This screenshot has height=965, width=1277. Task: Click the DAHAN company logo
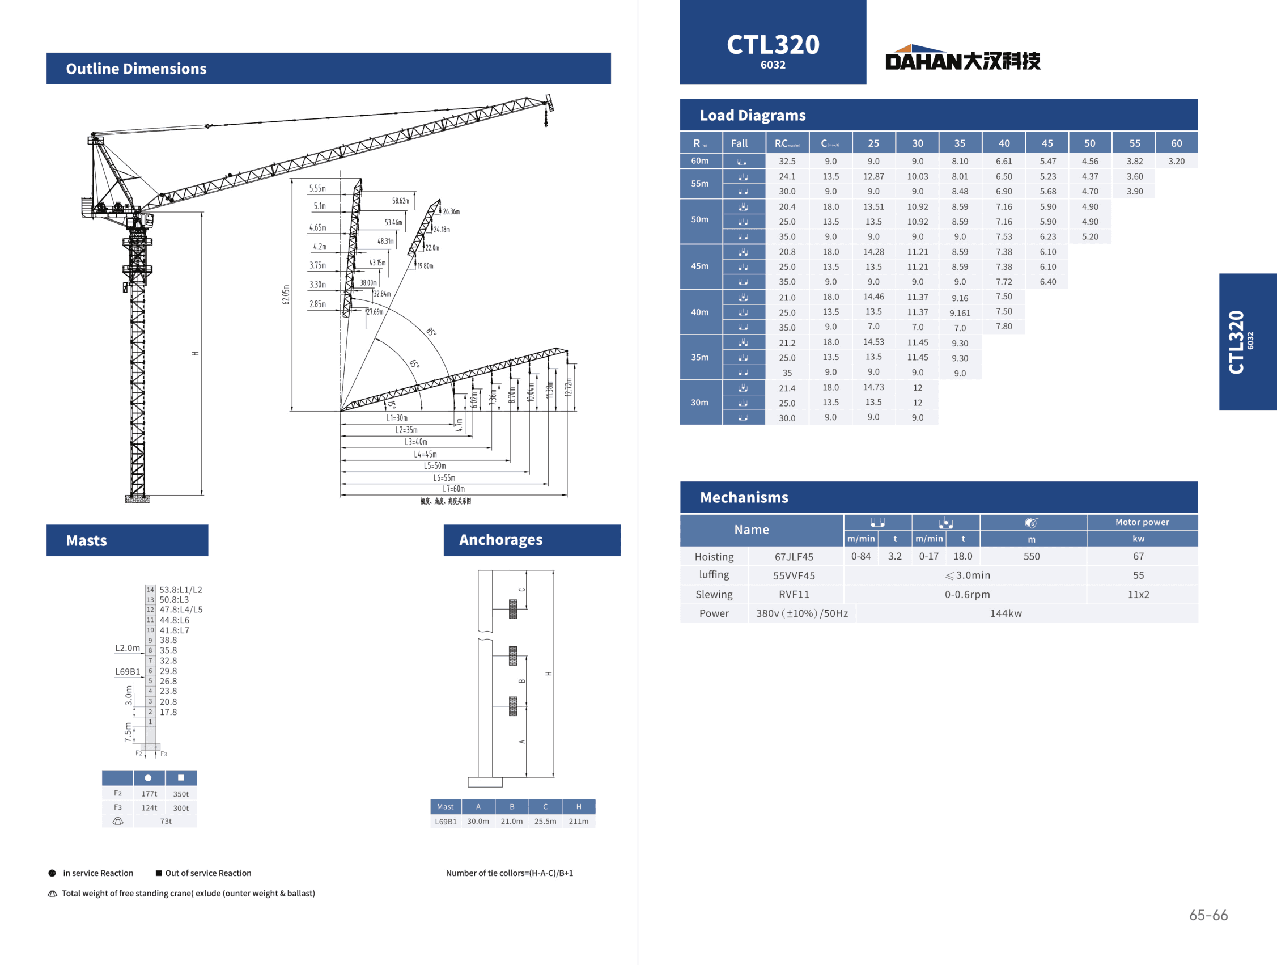[962, 58]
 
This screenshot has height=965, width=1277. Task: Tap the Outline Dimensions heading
[136, 69]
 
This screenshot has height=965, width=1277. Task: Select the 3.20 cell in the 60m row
[1176, 161]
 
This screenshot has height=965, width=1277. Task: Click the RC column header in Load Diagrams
[787, 143]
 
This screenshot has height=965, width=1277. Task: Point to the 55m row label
[699, 184]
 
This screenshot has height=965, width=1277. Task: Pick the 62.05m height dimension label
[286, 294]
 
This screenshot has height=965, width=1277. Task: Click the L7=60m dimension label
[454, 489]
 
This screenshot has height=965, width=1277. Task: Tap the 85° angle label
[432, 332]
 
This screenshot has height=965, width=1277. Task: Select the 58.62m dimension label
[401, 201]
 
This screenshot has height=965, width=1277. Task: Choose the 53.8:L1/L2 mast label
[181, 590]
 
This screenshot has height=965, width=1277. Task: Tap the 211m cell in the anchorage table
[579, 821]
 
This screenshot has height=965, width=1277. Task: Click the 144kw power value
[1006, 613]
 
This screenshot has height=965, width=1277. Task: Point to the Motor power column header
[1142, 522]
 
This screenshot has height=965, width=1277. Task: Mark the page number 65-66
[1208, 915]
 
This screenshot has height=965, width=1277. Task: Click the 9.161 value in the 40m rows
[960, 313]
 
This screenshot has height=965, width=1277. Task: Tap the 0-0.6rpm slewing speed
[967, 594]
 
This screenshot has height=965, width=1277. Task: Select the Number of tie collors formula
[509, 873]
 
